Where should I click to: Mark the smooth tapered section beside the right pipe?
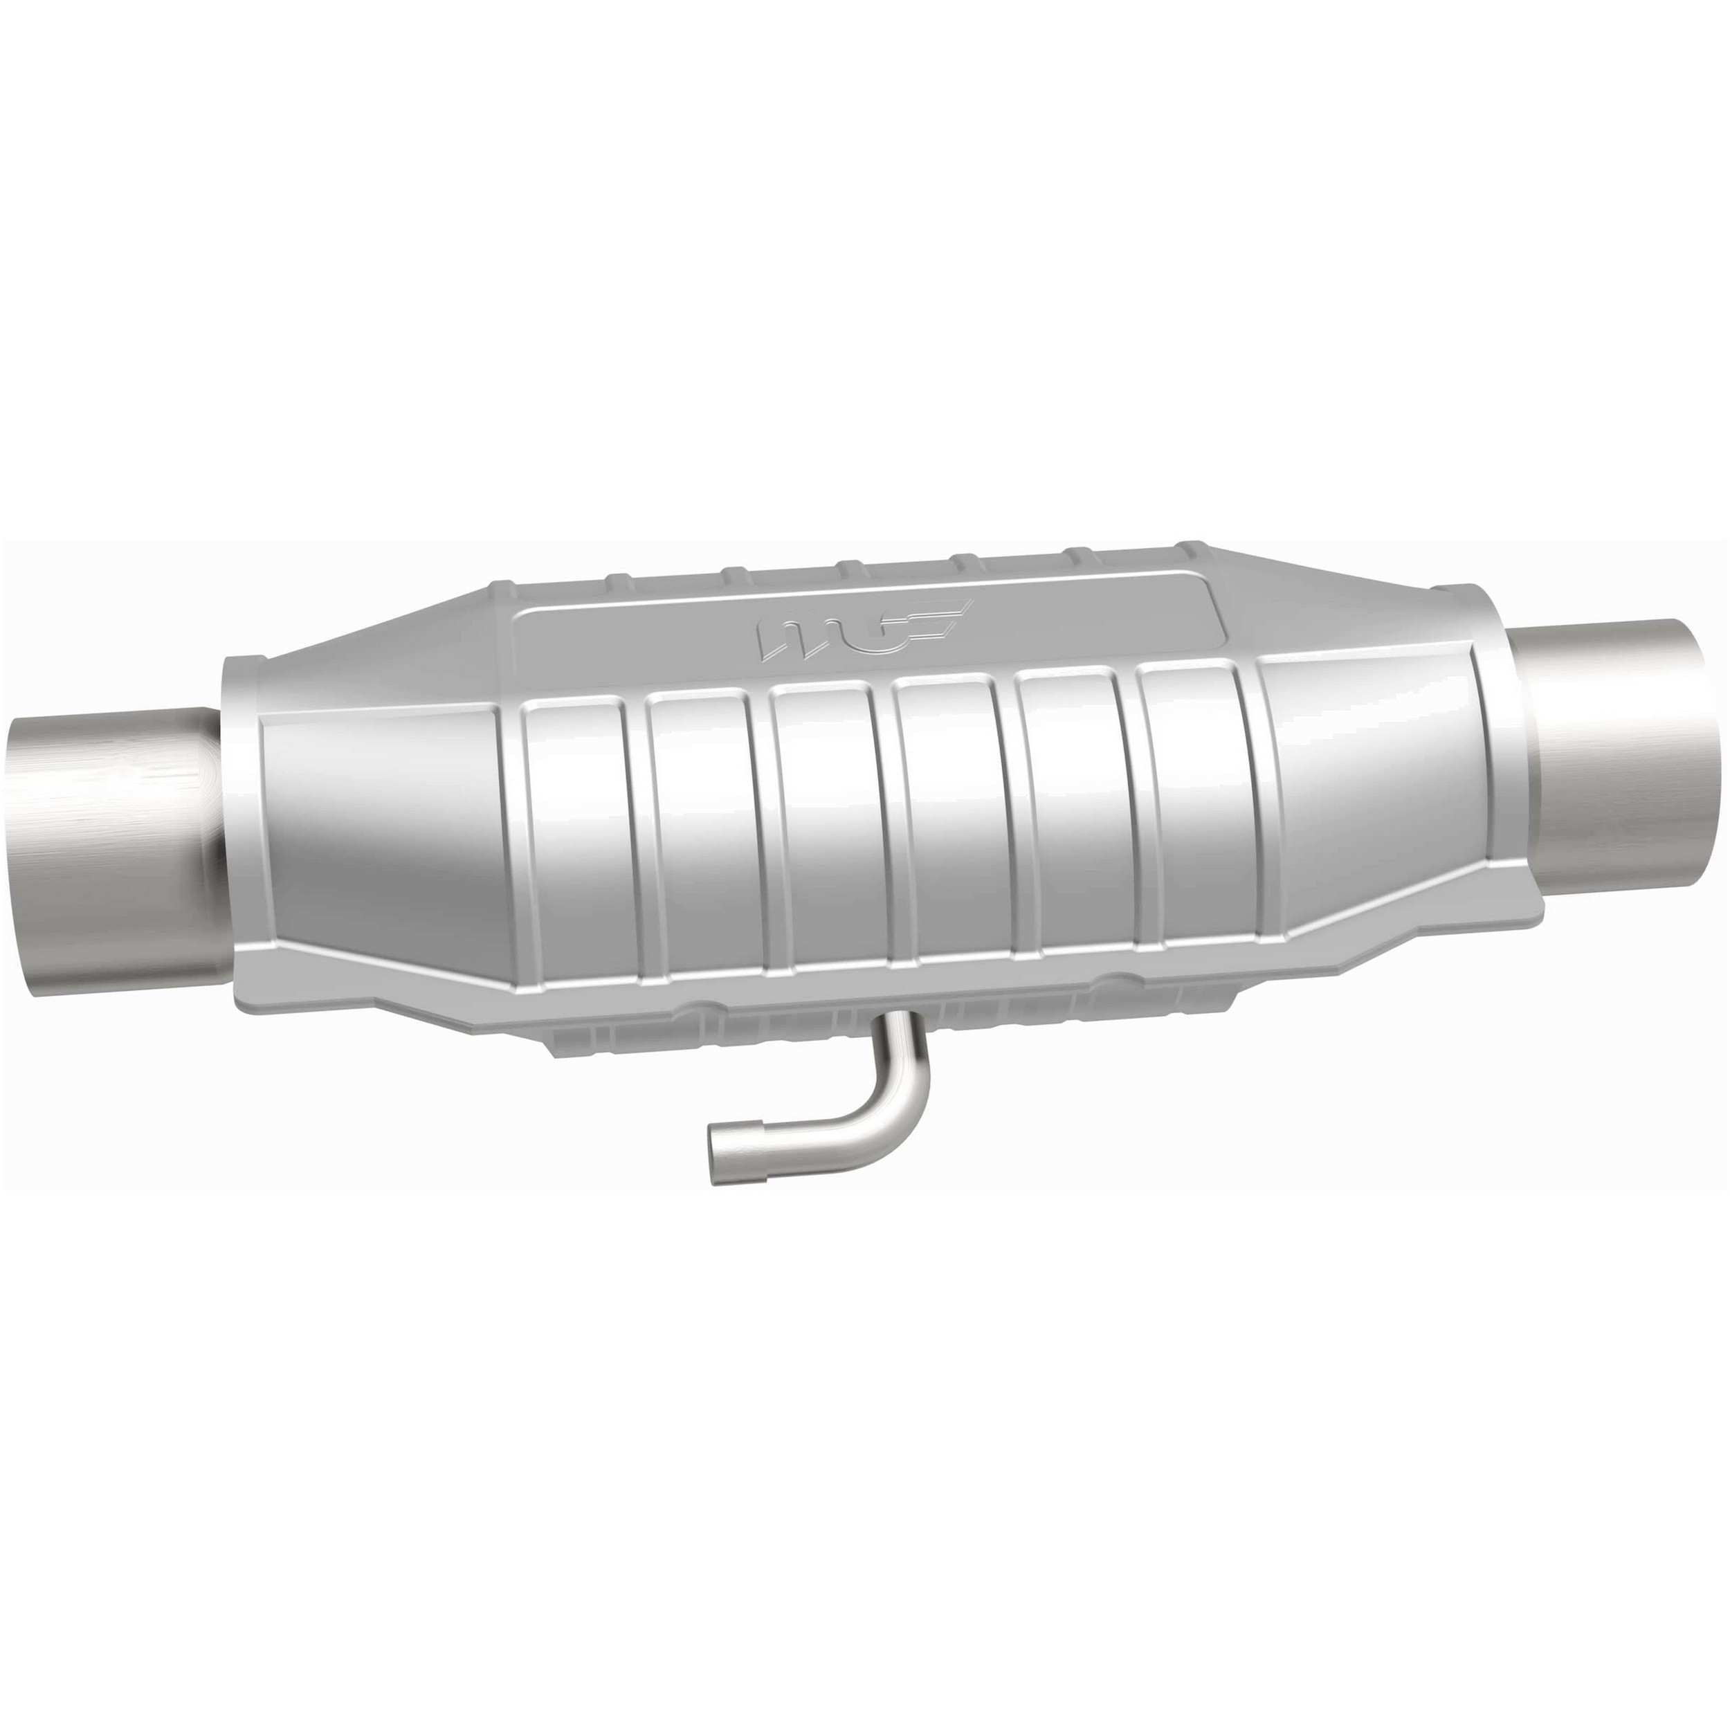tap(1379, 779)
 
